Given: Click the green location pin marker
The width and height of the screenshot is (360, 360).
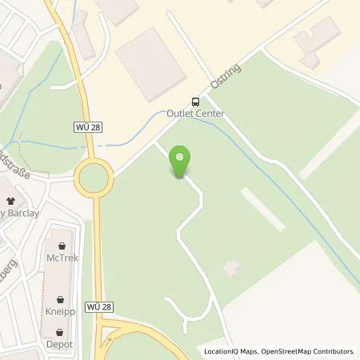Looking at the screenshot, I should (182, 162).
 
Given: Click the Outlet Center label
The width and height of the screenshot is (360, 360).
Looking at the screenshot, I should (196, 114).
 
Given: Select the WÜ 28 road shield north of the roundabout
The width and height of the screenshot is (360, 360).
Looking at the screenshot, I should (90, 127).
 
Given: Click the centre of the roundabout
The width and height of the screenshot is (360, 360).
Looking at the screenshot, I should (94, 178).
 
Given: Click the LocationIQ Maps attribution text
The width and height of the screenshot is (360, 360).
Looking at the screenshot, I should (231, 351).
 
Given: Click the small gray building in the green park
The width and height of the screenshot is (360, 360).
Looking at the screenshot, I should (232, 269).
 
